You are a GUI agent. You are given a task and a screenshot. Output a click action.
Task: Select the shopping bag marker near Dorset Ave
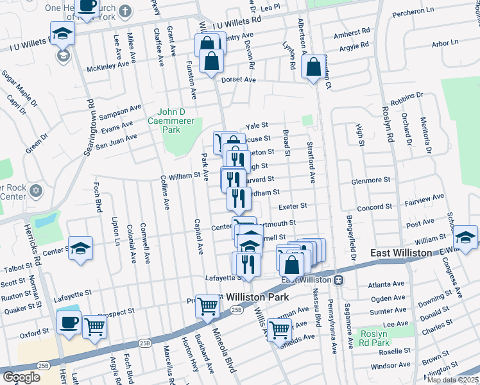210,62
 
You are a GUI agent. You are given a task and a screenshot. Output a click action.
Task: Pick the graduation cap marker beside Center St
80,247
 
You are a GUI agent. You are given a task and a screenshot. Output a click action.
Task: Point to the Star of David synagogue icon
37,191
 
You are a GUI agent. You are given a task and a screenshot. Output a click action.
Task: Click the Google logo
21,377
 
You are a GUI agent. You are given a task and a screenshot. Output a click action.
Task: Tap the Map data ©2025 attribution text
452,380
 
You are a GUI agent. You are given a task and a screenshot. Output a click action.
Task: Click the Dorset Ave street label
239,80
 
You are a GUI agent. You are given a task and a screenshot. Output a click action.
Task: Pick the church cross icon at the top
124,10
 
